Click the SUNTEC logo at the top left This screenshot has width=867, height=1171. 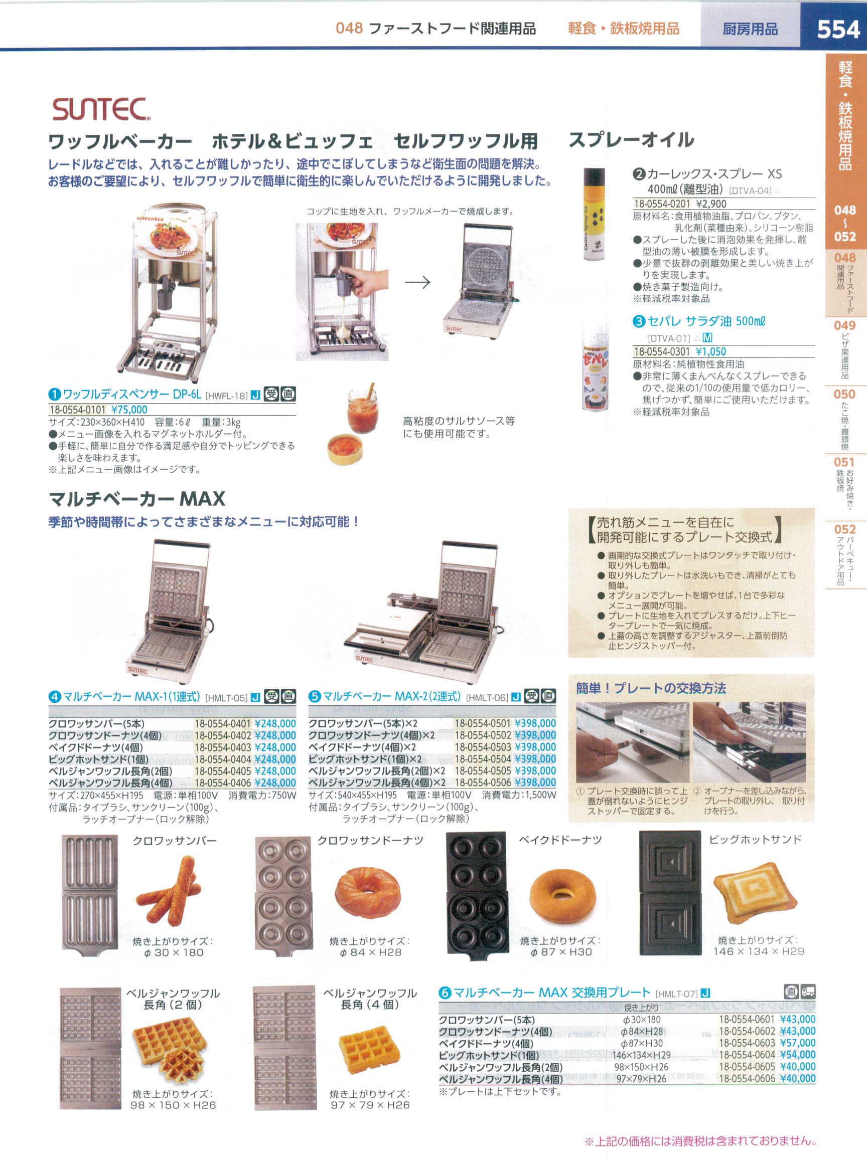coord(101,110)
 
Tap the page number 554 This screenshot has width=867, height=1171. coord(838,30)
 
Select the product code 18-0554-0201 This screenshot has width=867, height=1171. coord(662,204)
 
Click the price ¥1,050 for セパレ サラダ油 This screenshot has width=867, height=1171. coord(710,351)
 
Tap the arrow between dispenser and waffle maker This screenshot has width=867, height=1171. coord(418,283)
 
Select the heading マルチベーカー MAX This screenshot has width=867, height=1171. coord(136,499)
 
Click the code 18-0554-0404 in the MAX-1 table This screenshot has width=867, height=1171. coord(223,759)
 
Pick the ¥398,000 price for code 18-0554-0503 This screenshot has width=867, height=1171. coord(535,747)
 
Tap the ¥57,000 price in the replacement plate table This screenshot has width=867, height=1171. coord(798,1043)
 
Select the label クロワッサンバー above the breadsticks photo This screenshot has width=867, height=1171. coord(174,841)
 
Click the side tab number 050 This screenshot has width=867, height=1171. coord(844,394)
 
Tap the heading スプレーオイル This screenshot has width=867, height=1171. coord(631,140)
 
